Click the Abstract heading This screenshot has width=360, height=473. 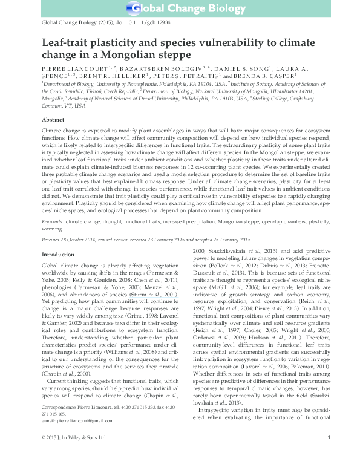pos(54,120)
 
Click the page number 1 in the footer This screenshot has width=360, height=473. pos(328,454)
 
